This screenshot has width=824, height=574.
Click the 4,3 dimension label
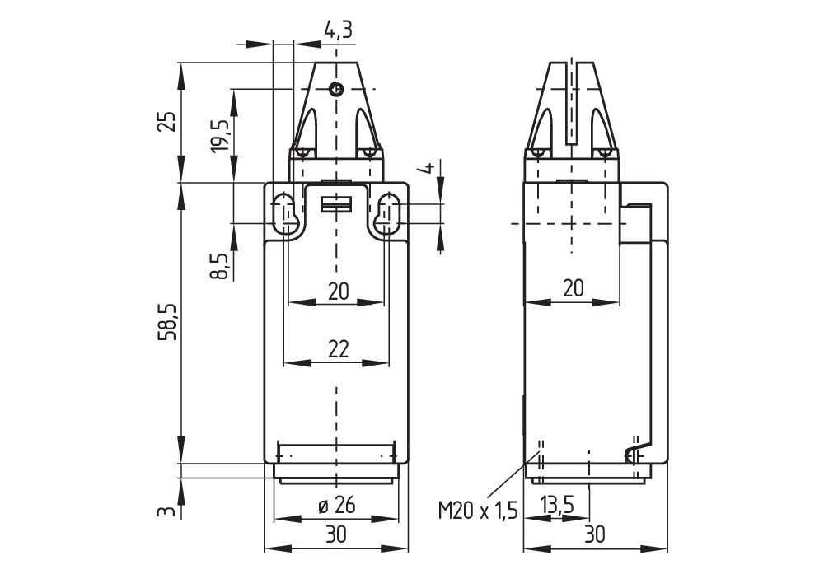tap(338, 31)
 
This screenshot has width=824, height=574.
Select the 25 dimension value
tap(167, 122)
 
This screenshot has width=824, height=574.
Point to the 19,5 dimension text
tap(220, 135)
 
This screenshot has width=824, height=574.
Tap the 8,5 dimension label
tap(220, 266)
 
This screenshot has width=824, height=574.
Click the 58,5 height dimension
tap(167, 321)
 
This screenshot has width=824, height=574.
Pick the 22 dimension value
tap(337, 349)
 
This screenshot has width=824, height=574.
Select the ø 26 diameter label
tap(337, 506)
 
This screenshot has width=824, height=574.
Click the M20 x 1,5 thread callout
tap(477, 511)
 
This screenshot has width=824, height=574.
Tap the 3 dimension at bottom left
tap(167, 512)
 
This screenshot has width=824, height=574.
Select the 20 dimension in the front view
tap(337, 290)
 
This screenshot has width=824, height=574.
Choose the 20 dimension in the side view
tap(573, 287)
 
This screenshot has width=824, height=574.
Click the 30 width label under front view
tap(335, 534)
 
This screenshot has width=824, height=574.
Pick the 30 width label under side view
tap(594, 534)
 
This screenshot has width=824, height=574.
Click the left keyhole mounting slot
tap(285, 213)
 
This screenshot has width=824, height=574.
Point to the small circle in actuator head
tap(335, 90)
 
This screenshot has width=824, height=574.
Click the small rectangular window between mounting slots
tap(335, 205)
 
